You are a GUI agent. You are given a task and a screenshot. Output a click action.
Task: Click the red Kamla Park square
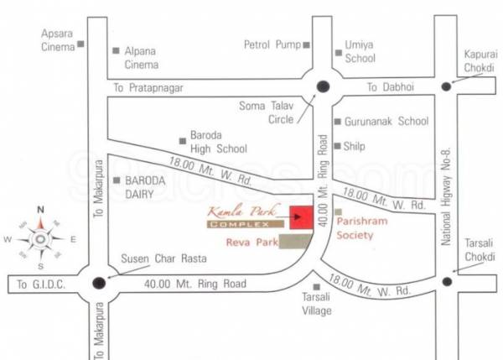point(300,217)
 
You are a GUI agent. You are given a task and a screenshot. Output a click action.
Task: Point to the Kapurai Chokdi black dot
point(445,86)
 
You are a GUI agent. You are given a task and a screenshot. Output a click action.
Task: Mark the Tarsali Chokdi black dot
point(446,281)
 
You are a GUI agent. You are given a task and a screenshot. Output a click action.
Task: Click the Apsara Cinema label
point(59,39)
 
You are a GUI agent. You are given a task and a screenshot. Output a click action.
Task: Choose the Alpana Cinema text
point(141,57)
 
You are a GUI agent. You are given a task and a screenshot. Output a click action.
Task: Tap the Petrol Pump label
point(271,44)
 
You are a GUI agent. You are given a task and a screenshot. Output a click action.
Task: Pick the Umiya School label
point(360,51)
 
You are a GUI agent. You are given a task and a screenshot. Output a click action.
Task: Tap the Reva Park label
point(248,243)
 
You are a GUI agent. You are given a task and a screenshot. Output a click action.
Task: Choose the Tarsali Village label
point(315,305)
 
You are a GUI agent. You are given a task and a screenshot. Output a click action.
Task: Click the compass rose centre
point(40,239)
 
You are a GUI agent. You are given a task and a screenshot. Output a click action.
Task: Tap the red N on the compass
point(40,211)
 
